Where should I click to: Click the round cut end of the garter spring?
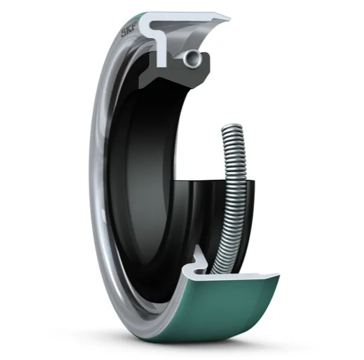tap(193, 59)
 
